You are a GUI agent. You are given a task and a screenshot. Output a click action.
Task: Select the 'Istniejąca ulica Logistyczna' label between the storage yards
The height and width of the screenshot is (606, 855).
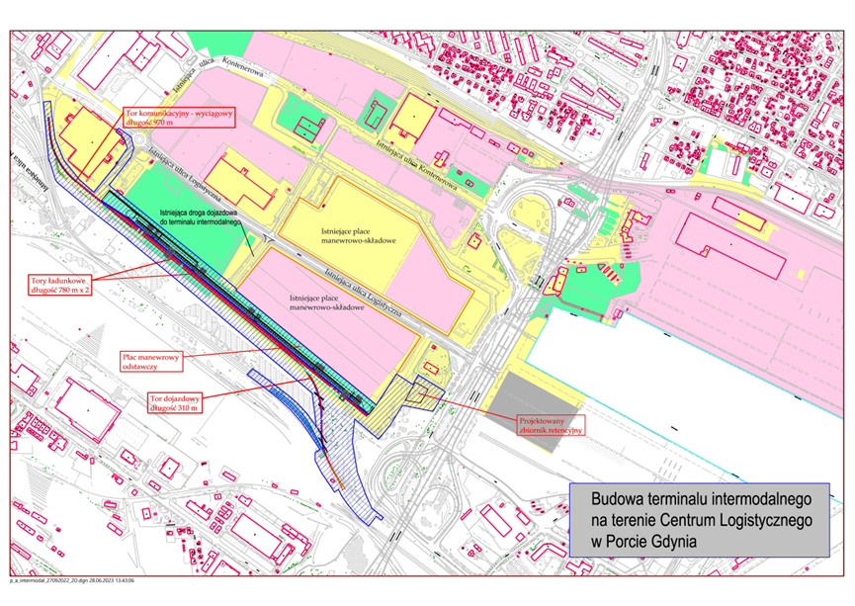pyautogui.click(x=366, y=286)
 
